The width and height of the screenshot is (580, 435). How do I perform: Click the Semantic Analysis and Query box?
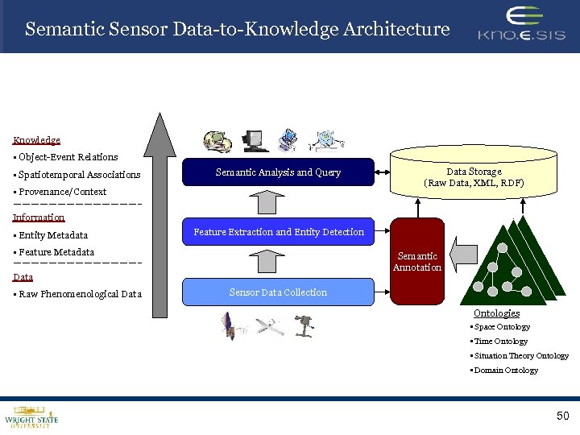tap(278, 172)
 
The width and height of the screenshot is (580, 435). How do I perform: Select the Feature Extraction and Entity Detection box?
tap(278, 232)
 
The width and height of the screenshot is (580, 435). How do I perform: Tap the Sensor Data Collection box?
tap(278, 292)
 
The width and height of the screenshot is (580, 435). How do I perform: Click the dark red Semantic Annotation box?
tap(416, 262)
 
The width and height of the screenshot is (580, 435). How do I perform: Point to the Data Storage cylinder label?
tap(474, 177)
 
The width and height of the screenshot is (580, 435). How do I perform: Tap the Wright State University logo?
tap(31, 415)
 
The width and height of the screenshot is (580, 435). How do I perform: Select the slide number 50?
tap(561, 416)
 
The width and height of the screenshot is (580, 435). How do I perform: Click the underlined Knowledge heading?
tap(36, 140)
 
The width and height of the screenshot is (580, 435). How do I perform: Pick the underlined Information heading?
tap(39, 217)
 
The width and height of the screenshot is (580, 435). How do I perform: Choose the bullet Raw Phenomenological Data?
tap(79, 294)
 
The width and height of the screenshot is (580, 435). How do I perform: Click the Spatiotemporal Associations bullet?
tap(78, 175)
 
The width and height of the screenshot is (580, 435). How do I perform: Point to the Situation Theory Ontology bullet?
tap(520, 356)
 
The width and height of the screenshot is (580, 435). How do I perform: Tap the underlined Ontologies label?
tap(496, 313)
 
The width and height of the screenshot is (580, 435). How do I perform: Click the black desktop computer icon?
tap(254, 141)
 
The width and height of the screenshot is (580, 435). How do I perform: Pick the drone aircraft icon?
tap(269, 325)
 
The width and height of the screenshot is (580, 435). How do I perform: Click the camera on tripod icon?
tap(303, 324)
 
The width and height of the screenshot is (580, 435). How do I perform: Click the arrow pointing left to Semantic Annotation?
tap(462, 256)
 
